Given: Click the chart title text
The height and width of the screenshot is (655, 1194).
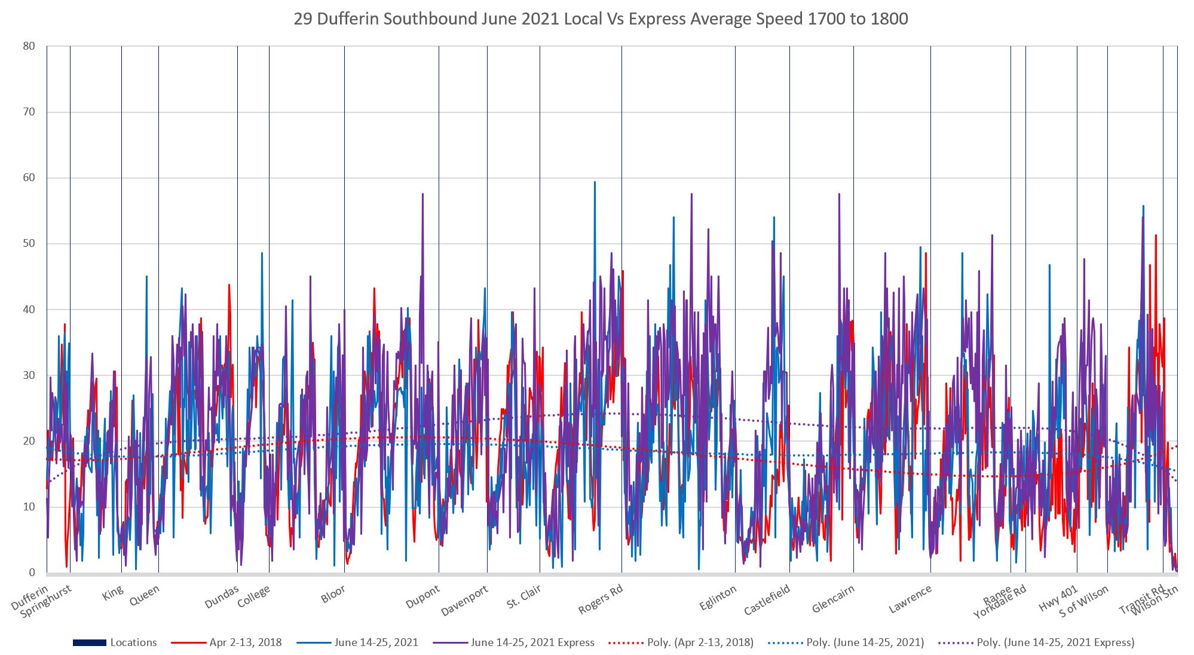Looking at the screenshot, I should tap(601, 19).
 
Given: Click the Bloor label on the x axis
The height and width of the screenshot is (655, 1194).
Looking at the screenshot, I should tap(333, 595).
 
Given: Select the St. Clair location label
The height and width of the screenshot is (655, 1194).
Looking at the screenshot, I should tap(523, 596).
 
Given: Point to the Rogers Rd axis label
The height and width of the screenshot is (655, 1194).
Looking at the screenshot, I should tap(601, 599).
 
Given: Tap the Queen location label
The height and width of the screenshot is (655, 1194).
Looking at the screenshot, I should tap(145, 595).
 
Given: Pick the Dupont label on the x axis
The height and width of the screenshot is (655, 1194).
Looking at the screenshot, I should tap(423, 596).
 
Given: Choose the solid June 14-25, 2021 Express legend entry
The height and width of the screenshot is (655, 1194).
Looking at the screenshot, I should tap(532, 643).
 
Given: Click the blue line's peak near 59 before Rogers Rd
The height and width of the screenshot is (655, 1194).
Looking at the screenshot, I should tap(595, 182).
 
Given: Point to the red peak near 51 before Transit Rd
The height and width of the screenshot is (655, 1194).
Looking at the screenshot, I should tap(1156, 235).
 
